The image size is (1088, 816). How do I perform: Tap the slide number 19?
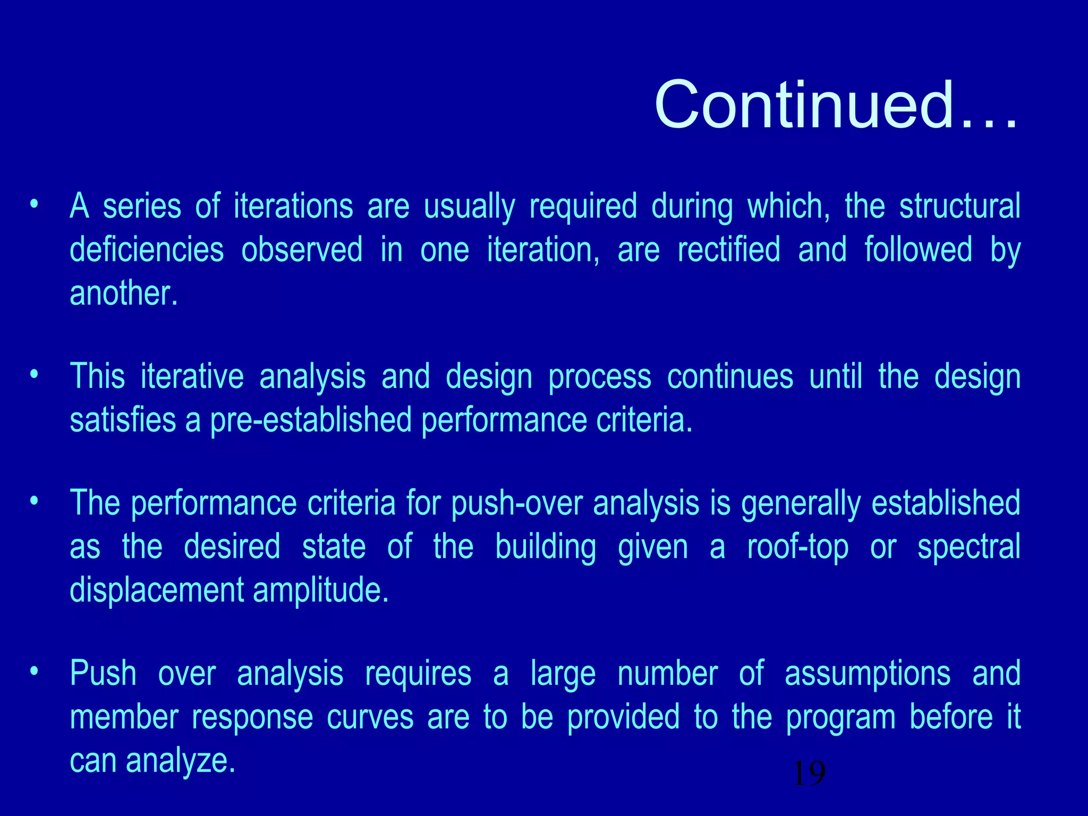[x=809, y=773]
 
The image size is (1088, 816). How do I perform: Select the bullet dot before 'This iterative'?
[x=35, y=375]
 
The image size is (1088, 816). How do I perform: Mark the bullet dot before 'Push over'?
[x=35, y=671]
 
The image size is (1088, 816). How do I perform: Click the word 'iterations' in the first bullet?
[x=293, y=206]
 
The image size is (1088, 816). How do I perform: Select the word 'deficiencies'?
[x=147, y=250]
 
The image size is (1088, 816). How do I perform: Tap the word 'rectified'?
[x=729, y=250]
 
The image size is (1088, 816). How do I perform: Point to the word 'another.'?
[x=123, y=293]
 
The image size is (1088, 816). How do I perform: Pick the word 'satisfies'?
[x=123, y=420]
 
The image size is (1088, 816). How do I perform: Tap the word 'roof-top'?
[x=797, y=547]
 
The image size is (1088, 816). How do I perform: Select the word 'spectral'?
[x=968, y=547]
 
